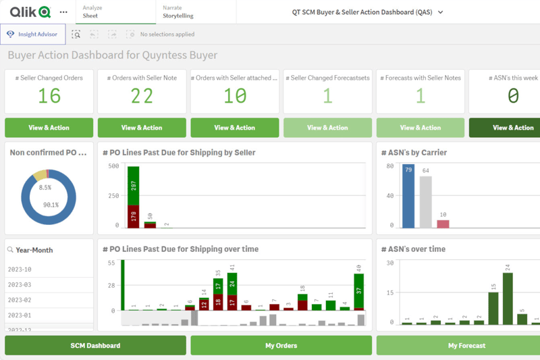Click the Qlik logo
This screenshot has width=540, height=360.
[x=30, y=12]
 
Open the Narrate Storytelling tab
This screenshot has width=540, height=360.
[x=178, y=12]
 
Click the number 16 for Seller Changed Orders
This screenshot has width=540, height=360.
[x=49, y=96]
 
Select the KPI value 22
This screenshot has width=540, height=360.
[x=142, y=96]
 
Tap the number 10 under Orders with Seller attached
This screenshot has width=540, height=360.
[x=234, y=96]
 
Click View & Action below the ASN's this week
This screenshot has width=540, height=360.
[x=512, y=128]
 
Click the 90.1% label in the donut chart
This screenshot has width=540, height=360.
[x=50, y=205]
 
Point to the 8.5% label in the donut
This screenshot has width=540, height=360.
[x=45, y=188]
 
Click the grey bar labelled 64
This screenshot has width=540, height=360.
[x=425, y=202]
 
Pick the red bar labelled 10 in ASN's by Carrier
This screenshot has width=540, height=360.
[x=443, y=224]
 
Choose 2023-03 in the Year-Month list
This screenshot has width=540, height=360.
[x=20, y=285]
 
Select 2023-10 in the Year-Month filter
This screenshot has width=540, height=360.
[x=20, y=269]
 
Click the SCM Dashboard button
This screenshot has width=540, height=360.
[x=95, y=345]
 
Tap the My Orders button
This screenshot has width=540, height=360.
[x=281, y=345]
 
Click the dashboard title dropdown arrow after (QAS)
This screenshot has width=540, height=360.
[x=441, y=12]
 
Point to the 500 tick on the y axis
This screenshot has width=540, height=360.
[x=113, y=166]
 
